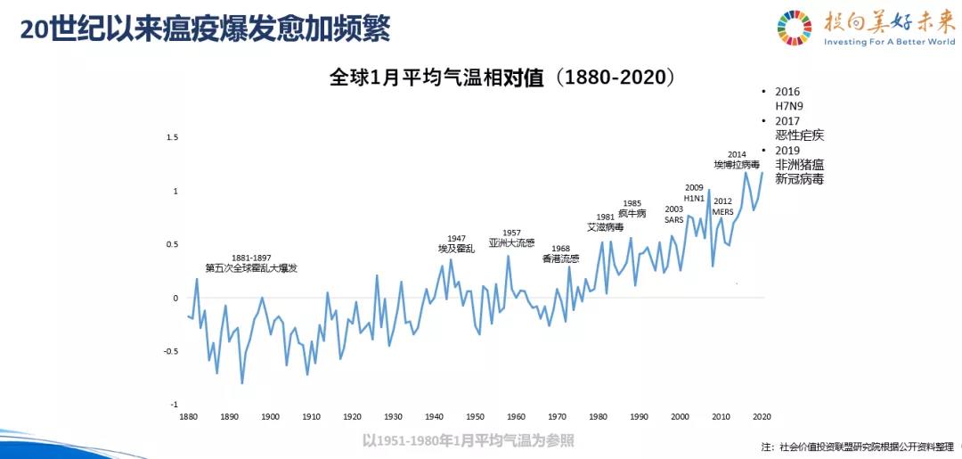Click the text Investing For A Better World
pos(889,42)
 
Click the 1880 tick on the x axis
pos(188,416)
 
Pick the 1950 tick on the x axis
pos(475,416)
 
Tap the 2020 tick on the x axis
pos(762,416)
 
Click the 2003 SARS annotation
pos(673,214)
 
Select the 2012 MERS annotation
pos(722,207)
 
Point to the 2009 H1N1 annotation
pos(694,193)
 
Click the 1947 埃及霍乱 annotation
pos(456,243)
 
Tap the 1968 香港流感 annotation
pos(560,254)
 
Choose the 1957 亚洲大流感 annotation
pos(511,238)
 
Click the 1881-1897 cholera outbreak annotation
pos(251,263)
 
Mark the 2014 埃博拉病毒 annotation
pos(736,160)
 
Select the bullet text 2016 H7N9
pos(789,98)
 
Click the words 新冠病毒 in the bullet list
pos(799,179)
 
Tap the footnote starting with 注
pos(858,447)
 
